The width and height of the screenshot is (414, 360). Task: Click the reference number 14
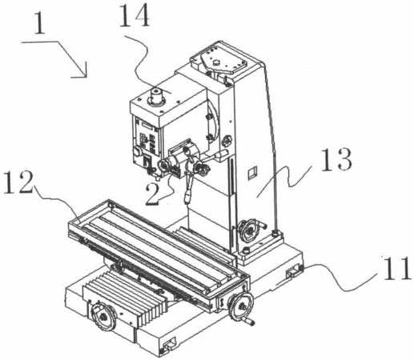[x=135, y=16]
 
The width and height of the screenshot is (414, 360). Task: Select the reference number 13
[x=336, y=159]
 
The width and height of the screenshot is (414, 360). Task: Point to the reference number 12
[x=18, y=182]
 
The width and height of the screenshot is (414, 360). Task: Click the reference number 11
[x=397, y=268]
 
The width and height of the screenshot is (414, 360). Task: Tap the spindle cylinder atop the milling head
[x=156, y=96]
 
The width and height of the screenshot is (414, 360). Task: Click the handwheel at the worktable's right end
[x=240, y=306]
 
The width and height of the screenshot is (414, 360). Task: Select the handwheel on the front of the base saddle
[x=103, y=317]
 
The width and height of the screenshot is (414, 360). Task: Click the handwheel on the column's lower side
[x=249, y=230]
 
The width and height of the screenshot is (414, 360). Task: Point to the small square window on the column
[x=252, y=173]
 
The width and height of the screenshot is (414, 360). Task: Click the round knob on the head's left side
[x=137, y=152]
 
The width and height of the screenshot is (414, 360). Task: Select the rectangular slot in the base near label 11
[x=294, y=271]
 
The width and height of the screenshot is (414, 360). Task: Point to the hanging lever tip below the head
[x=187, y=198]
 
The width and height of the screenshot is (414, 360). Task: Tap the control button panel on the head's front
[x=147, y=138]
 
